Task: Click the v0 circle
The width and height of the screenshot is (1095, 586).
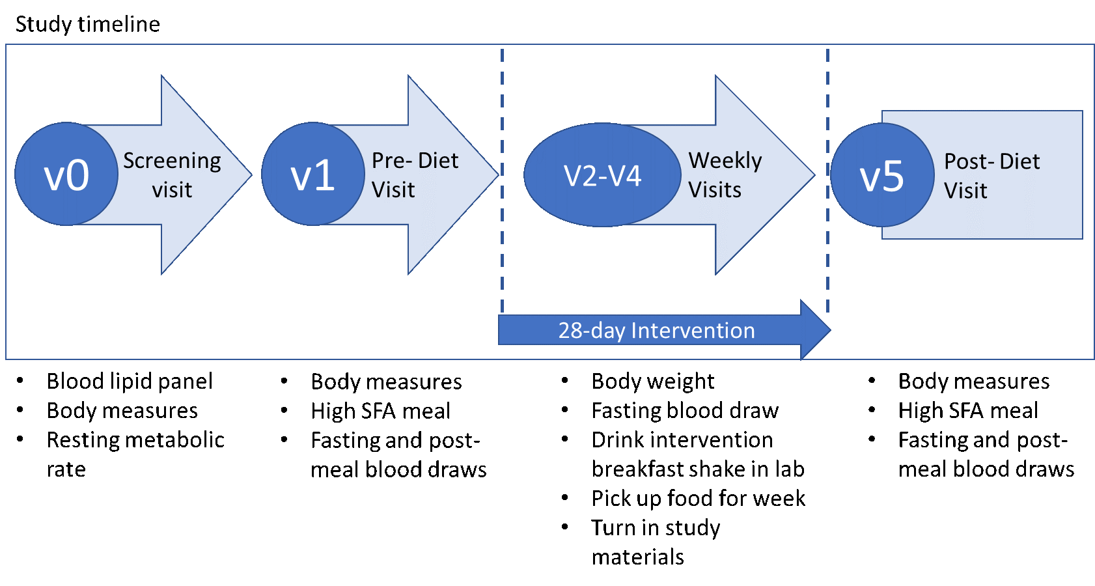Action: (x=66, y=174)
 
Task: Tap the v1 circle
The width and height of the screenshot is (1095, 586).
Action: (x=313, y=174)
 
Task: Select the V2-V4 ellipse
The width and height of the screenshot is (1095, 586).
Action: (x=602, y=175)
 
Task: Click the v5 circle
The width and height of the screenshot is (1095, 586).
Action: (x=882, y=175)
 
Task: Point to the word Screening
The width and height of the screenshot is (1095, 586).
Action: (x=172, y=160)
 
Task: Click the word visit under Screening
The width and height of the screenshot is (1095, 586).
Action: (x=172, y=190)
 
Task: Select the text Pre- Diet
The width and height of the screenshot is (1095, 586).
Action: (x=415, y=160)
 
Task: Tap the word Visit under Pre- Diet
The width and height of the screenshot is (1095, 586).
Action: (x=393, y=190)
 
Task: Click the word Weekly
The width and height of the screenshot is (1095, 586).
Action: (x=725, y=160)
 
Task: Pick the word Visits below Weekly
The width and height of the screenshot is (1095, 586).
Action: (x=715, y=190)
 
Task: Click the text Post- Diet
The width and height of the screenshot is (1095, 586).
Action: (x=992, y=161)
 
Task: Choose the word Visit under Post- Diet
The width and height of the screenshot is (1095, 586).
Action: (x=965, y=191)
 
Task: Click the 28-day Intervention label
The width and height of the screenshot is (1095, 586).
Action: (x=656, y=331)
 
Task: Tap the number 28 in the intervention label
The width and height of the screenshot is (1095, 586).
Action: (x=570, y=331)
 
